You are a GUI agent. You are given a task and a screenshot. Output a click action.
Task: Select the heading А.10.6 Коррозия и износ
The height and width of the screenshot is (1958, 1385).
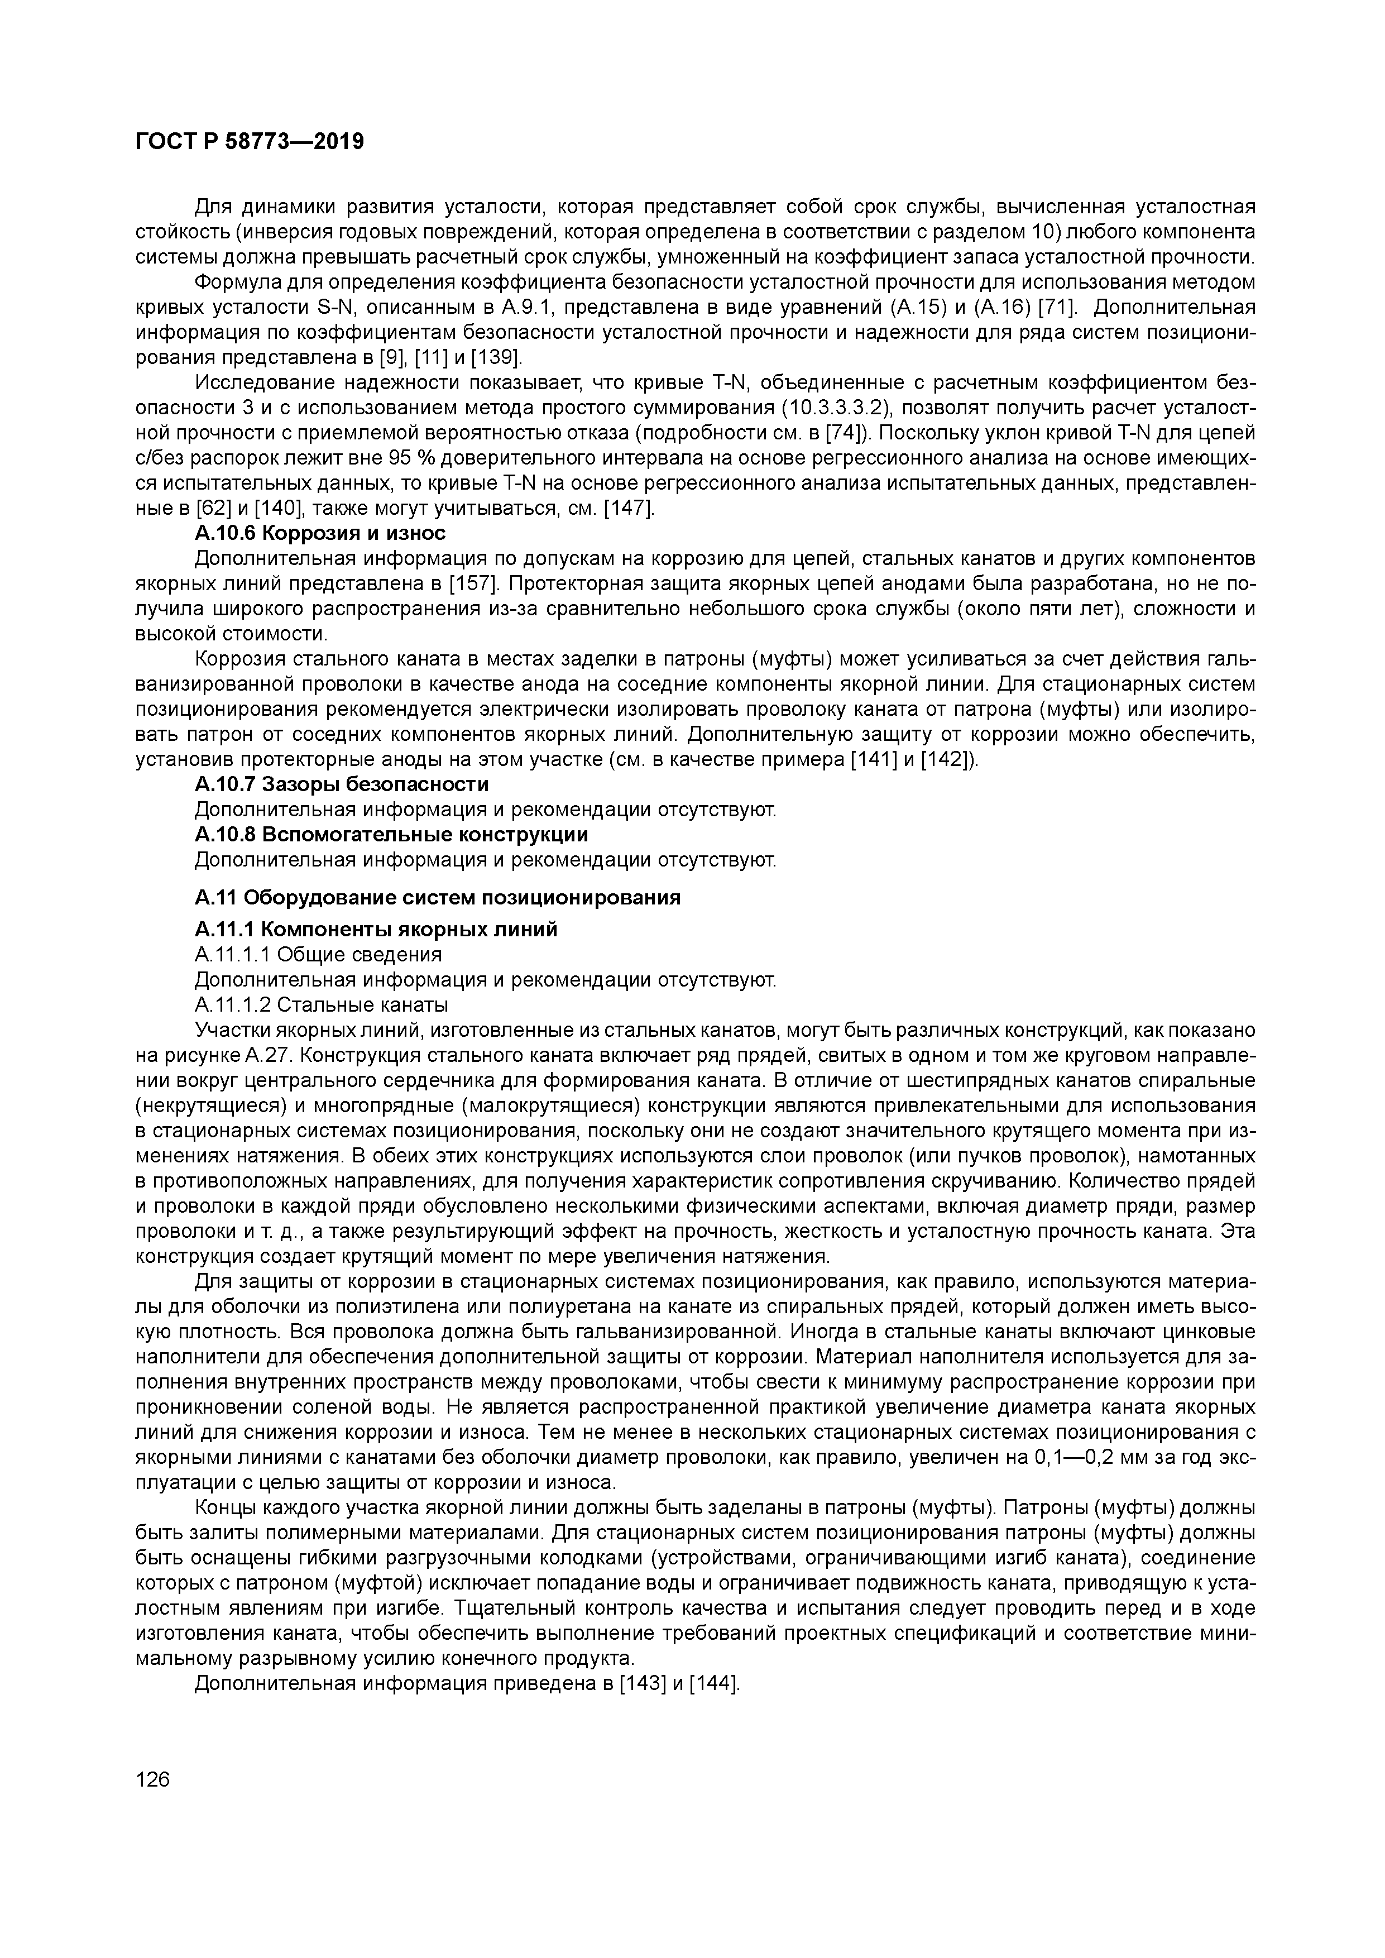coord(320,533)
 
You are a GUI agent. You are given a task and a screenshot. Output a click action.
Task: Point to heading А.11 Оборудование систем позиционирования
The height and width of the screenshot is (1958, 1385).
coord(438,897)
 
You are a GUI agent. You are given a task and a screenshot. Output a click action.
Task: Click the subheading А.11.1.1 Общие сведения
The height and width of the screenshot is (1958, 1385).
coord(318,954)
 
